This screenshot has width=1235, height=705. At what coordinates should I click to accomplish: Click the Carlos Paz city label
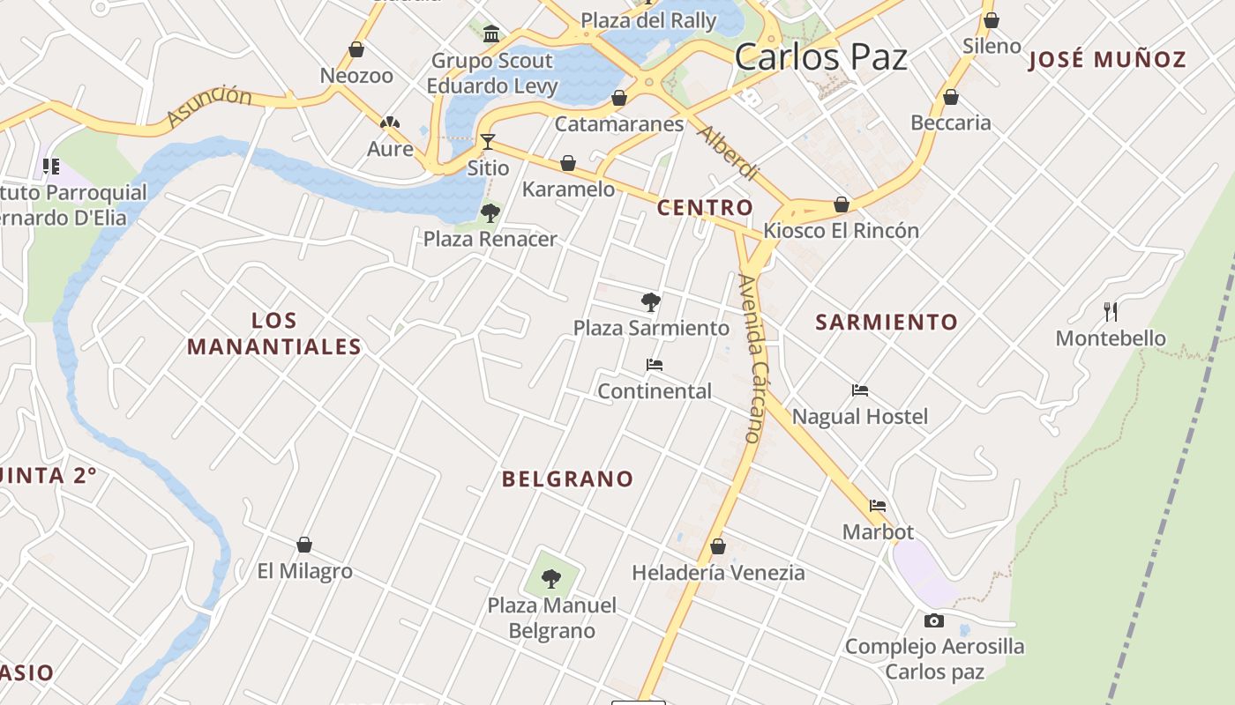tap(820, 57)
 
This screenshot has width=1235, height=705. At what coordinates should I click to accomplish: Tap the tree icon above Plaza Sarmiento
tap(651, 303)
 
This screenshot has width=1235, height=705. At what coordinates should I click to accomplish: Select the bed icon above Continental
tap(655, 365)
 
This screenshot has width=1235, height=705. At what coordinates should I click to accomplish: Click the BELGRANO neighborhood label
tap(567, 479)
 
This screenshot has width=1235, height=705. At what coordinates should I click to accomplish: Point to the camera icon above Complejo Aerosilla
tap(934, 621)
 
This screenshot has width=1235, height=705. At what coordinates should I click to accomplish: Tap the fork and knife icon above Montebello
tap(1111, 311)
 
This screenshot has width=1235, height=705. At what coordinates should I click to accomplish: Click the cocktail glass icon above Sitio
tap(488, 142)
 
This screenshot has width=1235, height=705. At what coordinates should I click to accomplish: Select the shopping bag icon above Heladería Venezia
tap(718, 547)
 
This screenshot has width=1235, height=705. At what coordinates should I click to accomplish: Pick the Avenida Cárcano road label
tap(751, 358)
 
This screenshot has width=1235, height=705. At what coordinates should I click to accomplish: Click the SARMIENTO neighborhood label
tap(886, 323)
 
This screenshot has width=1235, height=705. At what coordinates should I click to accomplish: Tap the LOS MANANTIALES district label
tap(274, 334)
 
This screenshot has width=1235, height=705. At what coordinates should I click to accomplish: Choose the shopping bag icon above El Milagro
tap(304, 545)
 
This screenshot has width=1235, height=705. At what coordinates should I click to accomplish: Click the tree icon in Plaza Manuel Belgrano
tap(551, 579)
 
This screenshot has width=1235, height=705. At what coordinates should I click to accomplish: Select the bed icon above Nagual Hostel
tap(860, 390)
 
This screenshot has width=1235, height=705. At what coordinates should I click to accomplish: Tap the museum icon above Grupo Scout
tap(491, 34)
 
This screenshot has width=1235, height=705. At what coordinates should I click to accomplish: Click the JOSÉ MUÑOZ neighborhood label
tap(1107, 60)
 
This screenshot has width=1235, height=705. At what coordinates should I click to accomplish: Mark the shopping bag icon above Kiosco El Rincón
tap(842, 204)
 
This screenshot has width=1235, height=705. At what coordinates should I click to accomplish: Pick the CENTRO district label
tap(705, 208)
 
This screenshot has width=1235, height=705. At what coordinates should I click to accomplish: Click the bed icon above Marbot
tap(878, 506)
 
